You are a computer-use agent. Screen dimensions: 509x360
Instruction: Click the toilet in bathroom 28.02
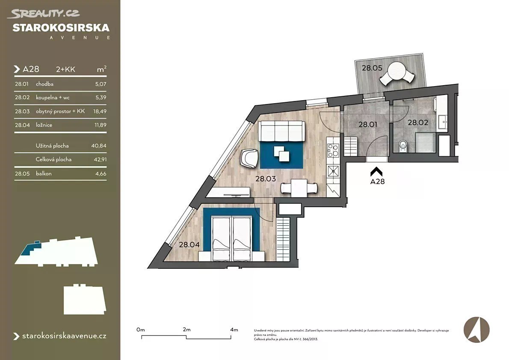click(403, 147)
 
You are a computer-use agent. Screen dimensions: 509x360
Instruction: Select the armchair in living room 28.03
click(249, 158)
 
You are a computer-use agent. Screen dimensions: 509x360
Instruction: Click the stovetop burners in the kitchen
click(333, 150)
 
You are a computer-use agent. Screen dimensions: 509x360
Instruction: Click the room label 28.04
click(189, 245)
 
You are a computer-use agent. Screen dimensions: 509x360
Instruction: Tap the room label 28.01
click(368, 125)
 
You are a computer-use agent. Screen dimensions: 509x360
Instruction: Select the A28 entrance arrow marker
click(376, 172)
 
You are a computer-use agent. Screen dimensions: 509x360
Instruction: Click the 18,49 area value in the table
click(100, 111)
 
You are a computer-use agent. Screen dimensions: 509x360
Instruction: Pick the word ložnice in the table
click(44, 125)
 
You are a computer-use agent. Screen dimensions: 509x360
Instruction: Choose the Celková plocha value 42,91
click(100, 160)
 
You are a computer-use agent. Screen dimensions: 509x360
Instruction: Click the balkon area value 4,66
click(101, 174)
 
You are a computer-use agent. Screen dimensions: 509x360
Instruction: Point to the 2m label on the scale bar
click(186, 330)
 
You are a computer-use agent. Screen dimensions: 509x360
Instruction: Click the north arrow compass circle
click(476, 330)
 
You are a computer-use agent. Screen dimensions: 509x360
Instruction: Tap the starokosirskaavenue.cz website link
click(64, 336)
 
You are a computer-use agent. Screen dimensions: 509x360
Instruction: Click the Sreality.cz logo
click(45, 13)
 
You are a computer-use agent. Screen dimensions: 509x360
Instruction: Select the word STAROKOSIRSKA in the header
click(61, 28)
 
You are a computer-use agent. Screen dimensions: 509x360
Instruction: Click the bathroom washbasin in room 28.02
click(442, 122)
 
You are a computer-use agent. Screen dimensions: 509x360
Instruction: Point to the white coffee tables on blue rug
click(281, 153)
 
